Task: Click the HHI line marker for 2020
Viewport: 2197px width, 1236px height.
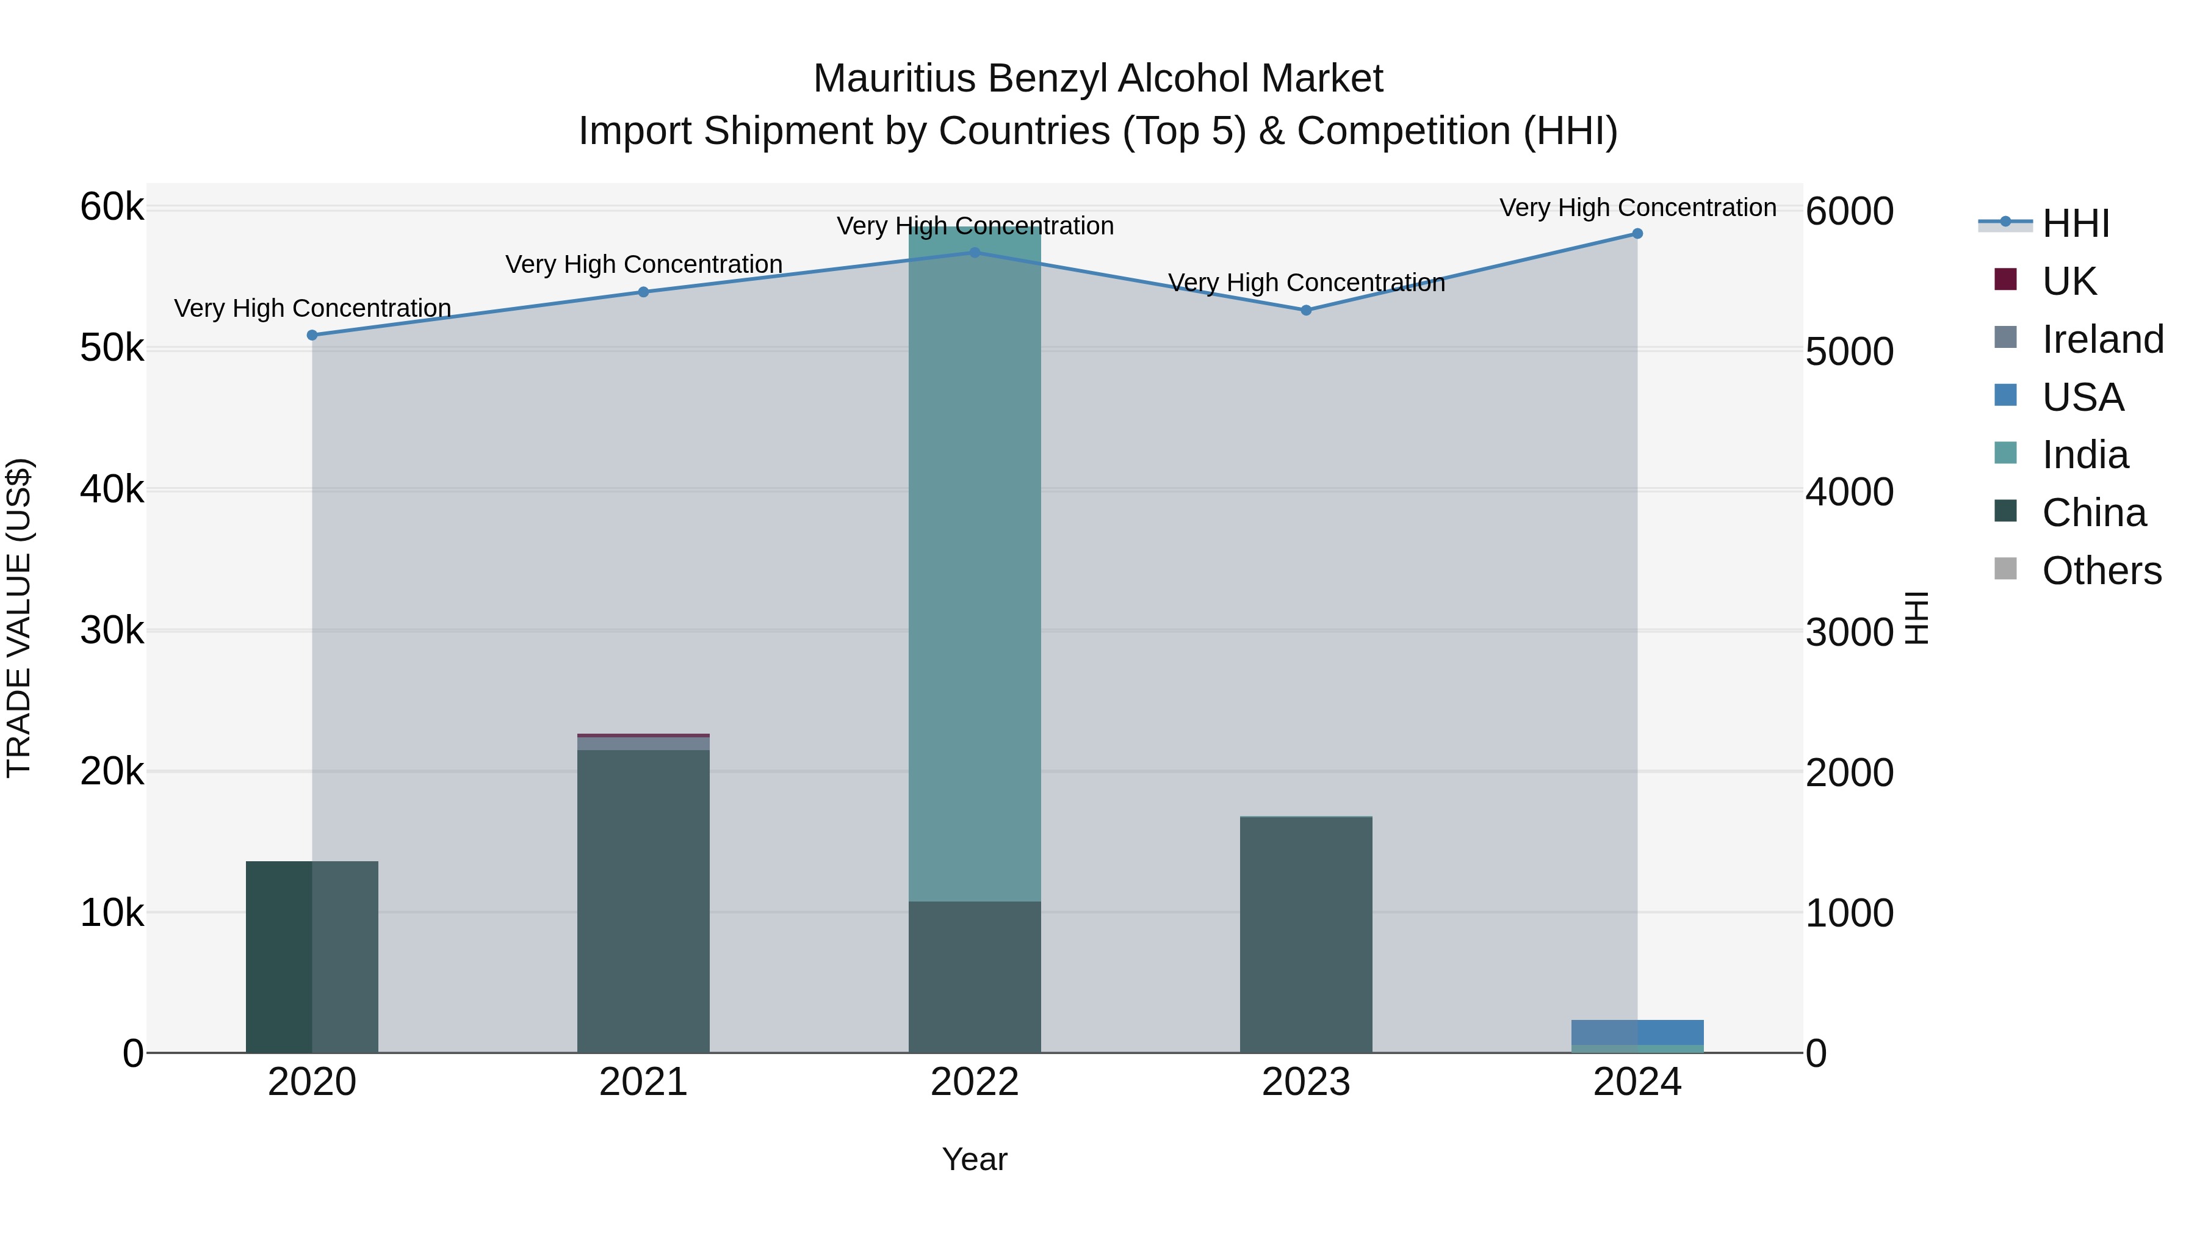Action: pos(312,335)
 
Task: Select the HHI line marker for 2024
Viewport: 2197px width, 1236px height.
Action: pos(1637,234)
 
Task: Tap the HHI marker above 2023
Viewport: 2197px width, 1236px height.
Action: pos(1306,311)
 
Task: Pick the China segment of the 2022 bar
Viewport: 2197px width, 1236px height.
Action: pos(974,977)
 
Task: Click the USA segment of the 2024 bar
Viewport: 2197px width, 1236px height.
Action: pos(1637,1032)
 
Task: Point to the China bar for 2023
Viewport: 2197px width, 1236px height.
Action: pos(1306,934)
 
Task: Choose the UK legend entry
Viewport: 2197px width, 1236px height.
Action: pos(2068,281)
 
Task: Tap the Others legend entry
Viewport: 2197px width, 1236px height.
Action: pos(2101,571)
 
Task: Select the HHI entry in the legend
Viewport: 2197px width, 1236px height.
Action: pos(2075,223)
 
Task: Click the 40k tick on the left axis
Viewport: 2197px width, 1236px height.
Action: pos(112,490)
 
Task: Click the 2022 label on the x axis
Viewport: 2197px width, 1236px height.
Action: pos(974,1082)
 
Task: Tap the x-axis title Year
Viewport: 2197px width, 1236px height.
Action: pos(974,1159)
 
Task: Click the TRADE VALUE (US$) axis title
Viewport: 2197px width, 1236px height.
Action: pos(19,618)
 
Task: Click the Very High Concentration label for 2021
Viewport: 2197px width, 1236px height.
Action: pos(643,264)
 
